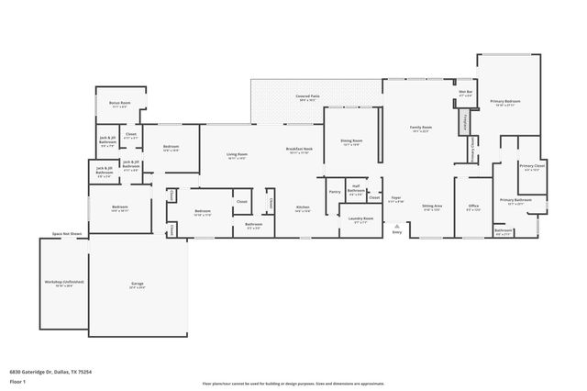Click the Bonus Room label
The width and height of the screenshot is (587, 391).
(119, 103)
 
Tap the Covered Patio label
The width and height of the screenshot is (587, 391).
(307, 95)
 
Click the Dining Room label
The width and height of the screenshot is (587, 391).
(352, 140)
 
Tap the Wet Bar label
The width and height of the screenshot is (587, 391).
(465, 91)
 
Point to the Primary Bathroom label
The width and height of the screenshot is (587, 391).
(515, 199)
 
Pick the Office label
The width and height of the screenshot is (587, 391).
(473, 206)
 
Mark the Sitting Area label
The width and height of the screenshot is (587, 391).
(432, 207)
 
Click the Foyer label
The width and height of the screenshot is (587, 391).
(396, 197)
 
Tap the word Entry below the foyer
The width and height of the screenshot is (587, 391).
(396, 232)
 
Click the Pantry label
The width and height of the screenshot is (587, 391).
(334, 192)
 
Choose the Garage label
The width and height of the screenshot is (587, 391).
(138, 284)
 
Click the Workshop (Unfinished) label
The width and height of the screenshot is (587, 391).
(64, 282)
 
